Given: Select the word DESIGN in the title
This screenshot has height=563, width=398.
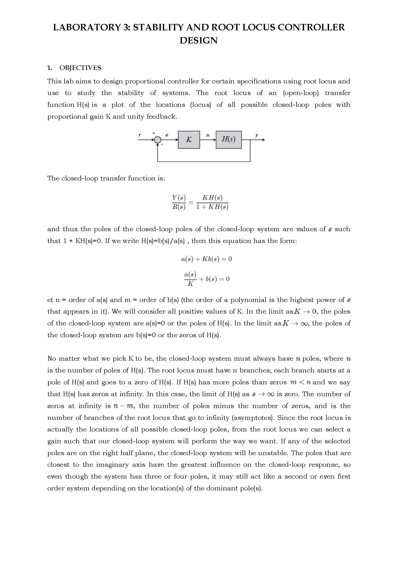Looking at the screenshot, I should [x=199, y=40].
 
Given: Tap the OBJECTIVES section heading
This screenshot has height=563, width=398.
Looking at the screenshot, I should [x=80, y=68].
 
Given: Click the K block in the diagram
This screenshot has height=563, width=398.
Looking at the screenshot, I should [x=189, y=140].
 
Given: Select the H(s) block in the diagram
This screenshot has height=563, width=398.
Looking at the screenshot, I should [x=228, y=140].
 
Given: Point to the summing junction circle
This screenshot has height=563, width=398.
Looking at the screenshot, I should [x=157, y=140].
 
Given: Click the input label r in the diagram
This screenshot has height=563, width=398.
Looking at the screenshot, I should [x=140, y=135].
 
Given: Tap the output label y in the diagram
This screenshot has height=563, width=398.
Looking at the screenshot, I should [x=257, y=135].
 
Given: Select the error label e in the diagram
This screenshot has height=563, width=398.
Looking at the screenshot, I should [x=167, y=135].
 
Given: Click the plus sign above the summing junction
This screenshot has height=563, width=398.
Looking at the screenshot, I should [x=154, y=133].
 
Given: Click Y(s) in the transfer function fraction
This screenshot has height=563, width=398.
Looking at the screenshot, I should [x=179, y=198].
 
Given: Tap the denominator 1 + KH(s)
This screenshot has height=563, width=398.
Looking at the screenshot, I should [x=212, y=207].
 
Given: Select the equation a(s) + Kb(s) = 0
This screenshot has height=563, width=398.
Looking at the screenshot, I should [x=206, y=259].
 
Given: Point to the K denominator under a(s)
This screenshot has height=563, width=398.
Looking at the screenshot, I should [x=190, y=284].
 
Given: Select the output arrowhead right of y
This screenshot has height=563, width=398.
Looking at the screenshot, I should [x=263, y=140].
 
